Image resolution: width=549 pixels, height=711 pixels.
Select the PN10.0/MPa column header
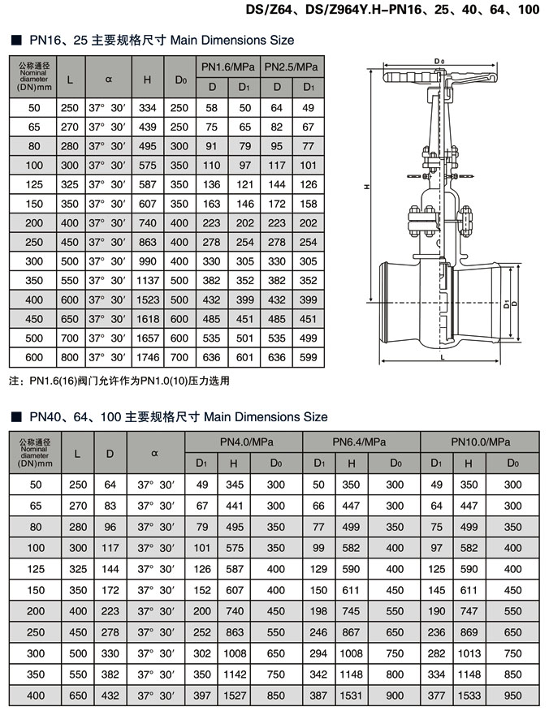point(480,442)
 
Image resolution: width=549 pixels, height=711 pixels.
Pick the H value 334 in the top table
point(147,107)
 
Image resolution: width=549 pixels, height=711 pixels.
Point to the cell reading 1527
point(234,695)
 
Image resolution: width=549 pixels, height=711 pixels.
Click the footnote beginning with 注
point(119,380)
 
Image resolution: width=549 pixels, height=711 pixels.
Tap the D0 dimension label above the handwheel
point(439,62)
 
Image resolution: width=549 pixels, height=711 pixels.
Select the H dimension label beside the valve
point(367,186)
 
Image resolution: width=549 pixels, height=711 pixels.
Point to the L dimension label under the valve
point(440,356)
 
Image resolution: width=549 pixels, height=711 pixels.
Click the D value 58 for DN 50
point(212,107)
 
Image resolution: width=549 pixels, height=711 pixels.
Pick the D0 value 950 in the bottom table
point(512,695)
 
